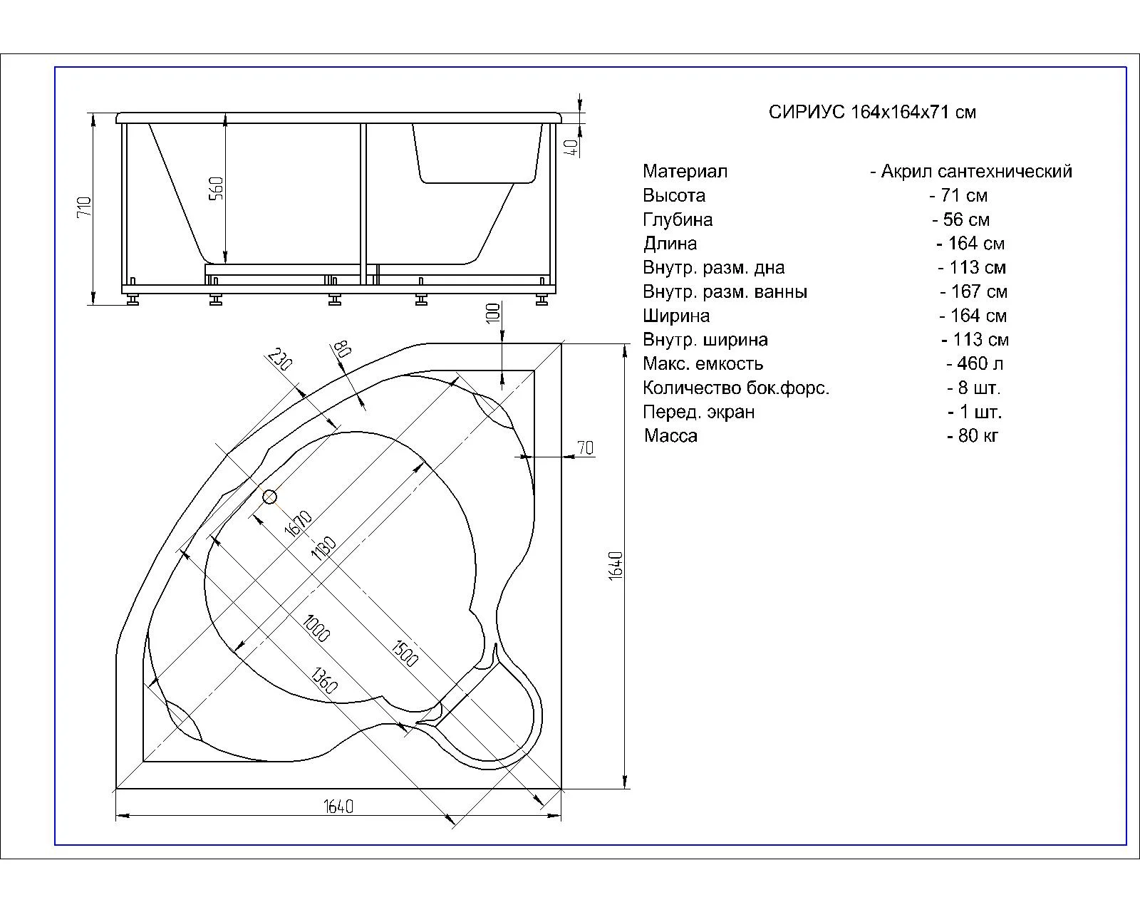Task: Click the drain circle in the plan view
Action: tap(269, 497)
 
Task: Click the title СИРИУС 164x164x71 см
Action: tap(872, 113)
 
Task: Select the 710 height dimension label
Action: tap(85, 206)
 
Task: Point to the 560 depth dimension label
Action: tap(217, 188)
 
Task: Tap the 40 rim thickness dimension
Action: tap(572, 147)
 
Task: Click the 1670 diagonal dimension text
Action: tap(299, 524)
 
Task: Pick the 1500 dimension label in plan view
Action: tap(405, 653)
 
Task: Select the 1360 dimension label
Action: tap(323, 680)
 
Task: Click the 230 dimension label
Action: tap(280, 359)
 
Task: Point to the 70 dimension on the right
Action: tap(585, 448)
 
